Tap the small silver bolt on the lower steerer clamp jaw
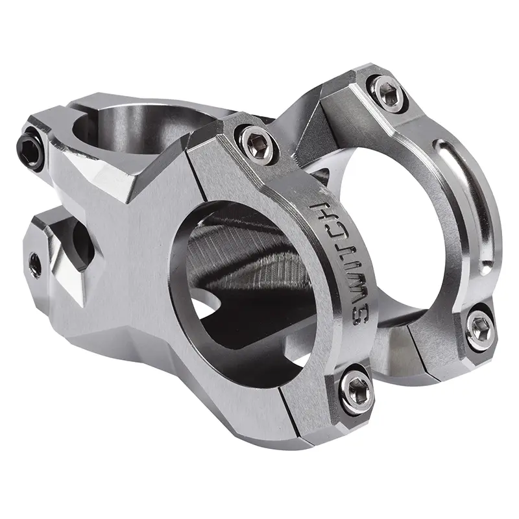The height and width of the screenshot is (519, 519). click(34, 263)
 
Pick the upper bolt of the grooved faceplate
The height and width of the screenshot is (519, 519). click(389, 90)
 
